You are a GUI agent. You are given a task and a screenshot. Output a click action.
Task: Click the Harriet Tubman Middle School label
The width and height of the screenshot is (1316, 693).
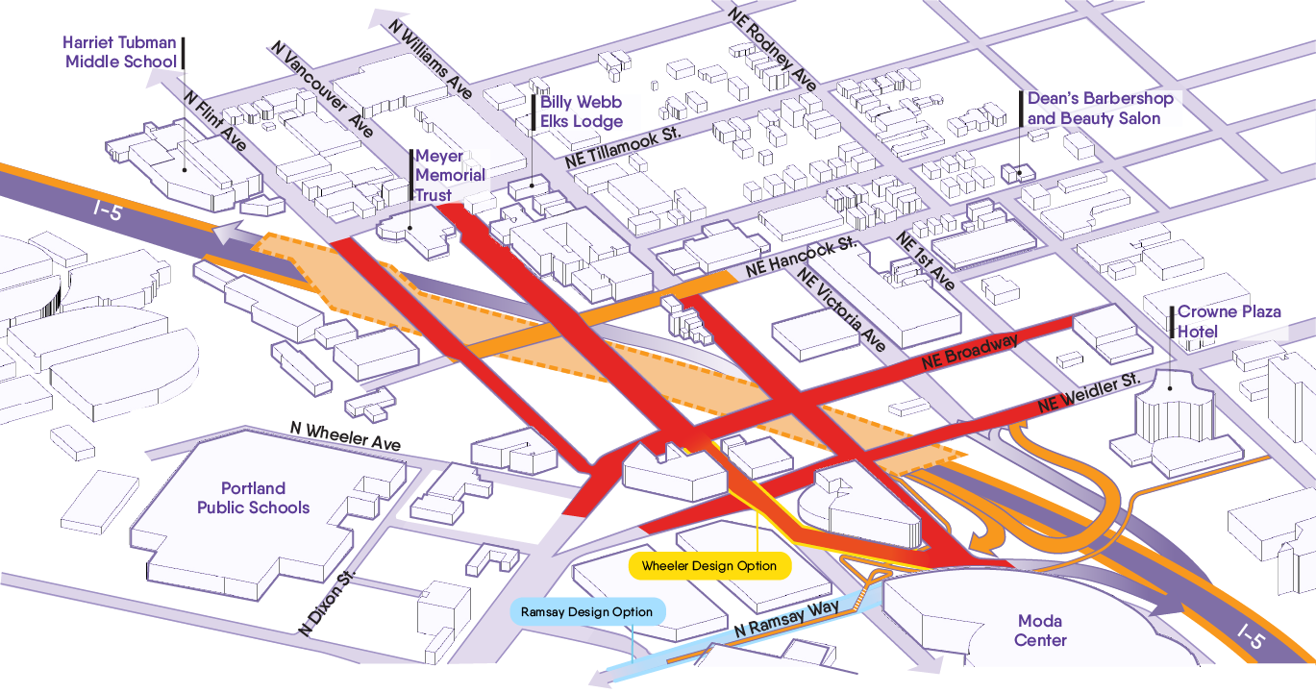click(120, 52)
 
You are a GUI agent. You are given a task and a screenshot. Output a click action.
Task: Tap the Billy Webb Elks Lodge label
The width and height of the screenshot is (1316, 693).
click(581, 111)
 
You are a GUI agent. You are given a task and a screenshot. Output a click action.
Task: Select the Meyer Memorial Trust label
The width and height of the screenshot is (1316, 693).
click(450, 176)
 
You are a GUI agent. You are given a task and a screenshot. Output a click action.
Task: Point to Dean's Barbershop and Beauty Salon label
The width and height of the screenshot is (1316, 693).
click(1100, 108)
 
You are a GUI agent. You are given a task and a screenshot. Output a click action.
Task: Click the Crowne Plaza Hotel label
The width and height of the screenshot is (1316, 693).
click(1229, 321)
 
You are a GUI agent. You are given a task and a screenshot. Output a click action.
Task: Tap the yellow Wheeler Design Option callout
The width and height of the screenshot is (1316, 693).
click(709, 565)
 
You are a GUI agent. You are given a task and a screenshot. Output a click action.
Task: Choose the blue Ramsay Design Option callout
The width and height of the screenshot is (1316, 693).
click(587, 612)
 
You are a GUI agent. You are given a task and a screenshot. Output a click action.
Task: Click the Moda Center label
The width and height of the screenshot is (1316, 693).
click(1040, 631)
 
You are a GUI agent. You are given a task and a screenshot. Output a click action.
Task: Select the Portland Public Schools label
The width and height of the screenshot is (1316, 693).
click(253, 498)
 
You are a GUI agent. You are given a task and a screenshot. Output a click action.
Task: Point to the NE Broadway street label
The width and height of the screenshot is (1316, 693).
click(969, 351)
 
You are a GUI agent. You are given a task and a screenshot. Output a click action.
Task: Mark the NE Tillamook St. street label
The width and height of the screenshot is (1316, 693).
click(623, 146)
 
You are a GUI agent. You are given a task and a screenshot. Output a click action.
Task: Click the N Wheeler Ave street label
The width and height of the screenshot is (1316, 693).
click(345, 435)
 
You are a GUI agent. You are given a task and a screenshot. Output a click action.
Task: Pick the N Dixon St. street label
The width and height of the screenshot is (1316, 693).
click(327, 603)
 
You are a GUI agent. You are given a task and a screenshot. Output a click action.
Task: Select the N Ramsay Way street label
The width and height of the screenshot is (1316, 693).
click(787, 618)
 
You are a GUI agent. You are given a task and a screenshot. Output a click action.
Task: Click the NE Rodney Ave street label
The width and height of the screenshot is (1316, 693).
click(771, 49)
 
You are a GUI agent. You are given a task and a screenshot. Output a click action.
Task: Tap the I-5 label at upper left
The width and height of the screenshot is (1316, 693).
click(108, 210)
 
